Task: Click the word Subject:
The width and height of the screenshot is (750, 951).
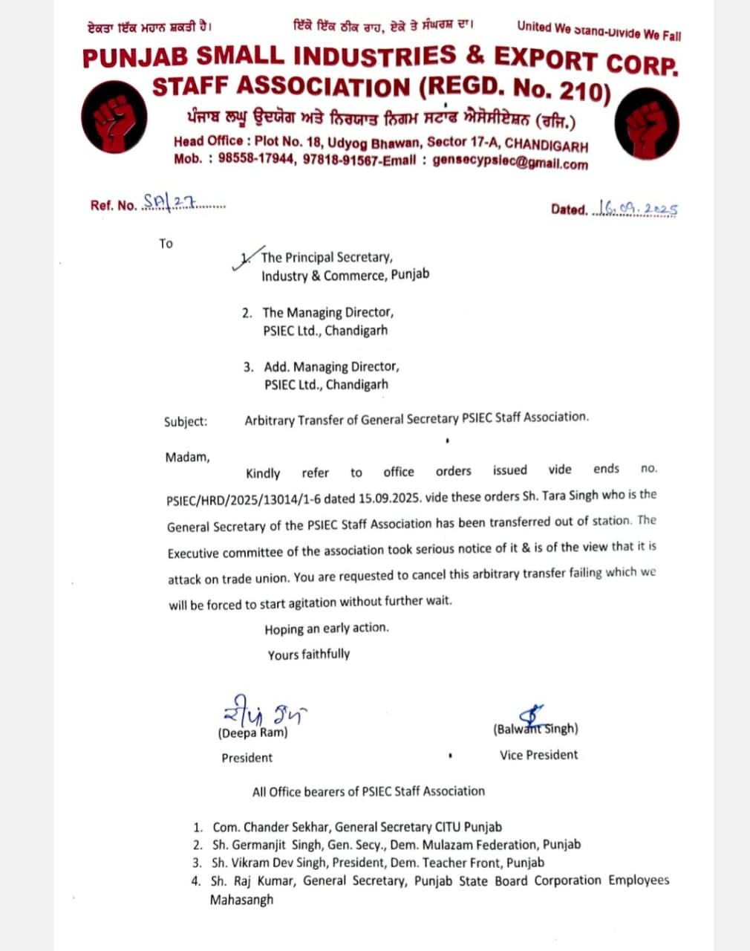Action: [186, 421]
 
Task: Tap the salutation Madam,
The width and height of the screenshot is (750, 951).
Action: [187, 457]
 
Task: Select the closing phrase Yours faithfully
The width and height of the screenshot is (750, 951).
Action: [309, 655]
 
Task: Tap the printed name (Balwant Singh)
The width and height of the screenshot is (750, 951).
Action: [535, 729]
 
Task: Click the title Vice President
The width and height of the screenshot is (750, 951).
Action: [538, 755]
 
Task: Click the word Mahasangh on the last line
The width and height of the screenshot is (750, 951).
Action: [241, 900]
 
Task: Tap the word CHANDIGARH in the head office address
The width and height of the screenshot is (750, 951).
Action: [547, 146]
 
